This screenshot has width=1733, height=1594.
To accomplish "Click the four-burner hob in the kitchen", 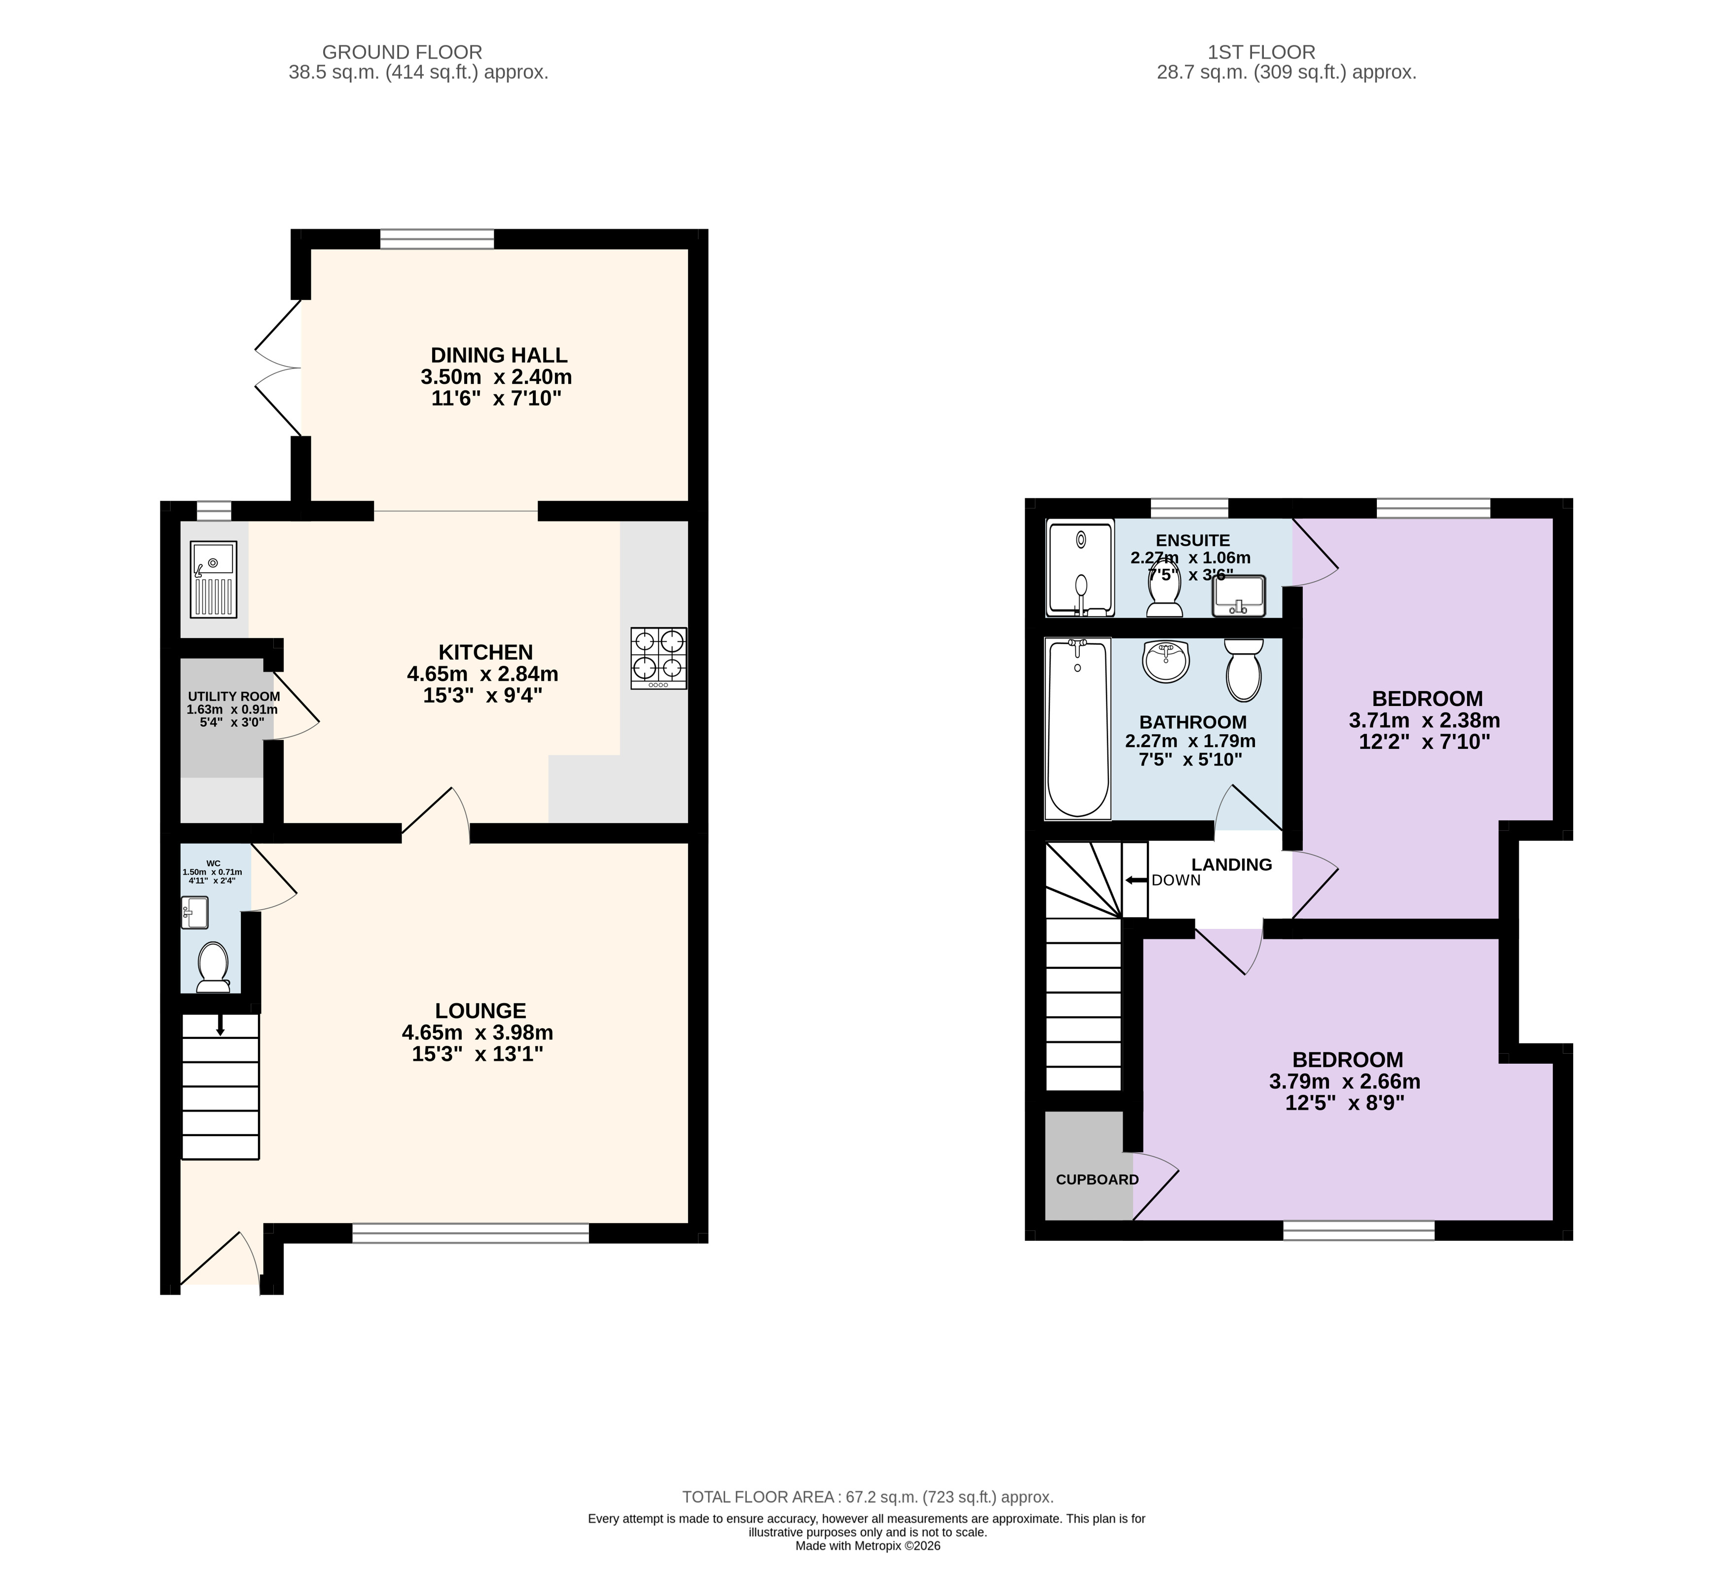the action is click(658, 657).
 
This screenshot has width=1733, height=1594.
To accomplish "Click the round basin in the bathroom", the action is click(1166, 661).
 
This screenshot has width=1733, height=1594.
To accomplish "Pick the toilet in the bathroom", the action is click(1243, 669).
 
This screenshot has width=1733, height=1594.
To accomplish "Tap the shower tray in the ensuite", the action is click(1080, 567).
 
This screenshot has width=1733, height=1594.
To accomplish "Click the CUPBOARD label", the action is click(1097, 1179).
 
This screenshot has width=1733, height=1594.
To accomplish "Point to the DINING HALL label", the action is click(499, 355).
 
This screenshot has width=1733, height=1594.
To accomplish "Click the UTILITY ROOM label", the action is click(234, 696).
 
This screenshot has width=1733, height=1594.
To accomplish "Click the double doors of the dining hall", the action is click(278, 369).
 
